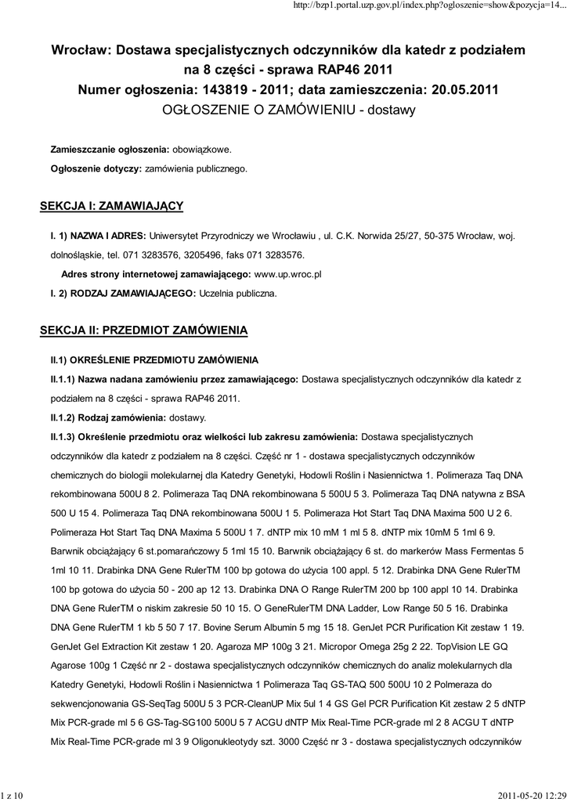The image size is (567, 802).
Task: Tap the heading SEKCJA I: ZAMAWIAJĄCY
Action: tap(111, 206)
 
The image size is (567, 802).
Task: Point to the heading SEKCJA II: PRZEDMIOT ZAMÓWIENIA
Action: tap(143, 331)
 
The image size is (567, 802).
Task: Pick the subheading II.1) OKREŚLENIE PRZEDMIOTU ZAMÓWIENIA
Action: tap(154, 359)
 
